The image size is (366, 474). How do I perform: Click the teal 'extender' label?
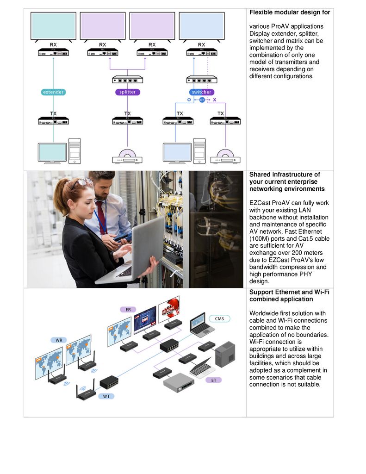53,92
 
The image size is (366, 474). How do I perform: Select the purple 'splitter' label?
127,92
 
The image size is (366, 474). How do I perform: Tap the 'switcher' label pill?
201,92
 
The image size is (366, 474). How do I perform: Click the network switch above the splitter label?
127,80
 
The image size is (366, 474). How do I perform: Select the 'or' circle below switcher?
202,100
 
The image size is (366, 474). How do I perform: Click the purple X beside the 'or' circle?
214,100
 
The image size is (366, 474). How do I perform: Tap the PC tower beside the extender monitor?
74,150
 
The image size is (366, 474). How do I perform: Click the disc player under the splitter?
127,157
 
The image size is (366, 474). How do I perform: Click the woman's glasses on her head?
82,182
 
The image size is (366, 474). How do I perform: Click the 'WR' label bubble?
59,340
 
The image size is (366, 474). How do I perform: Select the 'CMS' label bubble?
219,318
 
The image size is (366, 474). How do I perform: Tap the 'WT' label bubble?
106,396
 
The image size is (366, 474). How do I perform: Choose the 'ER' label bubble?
128,309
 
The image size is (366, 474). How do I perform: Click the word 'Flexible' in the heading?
261,12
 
